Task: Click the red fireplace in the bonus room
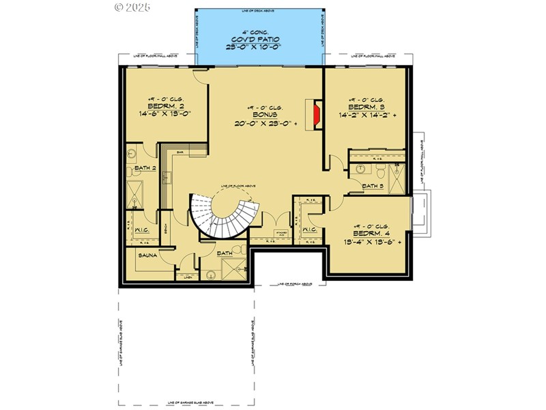pyautogui.click(x=316, y=115)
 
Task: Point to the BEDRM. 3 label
pyautogui.click(x=367, y=107)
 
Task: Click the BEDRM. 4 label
pyautogui.click(x=371, y=233)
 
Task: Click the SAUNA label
pyautogui.click(x=148, y=256)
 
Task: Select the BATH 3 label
pyautogui.click(x=373, y=186)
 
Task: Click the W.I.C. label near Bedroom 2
pyautogui.click(x=143, y=230)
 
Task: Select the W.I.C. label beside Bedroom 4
pyautogui.click(x=308, y=230)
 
